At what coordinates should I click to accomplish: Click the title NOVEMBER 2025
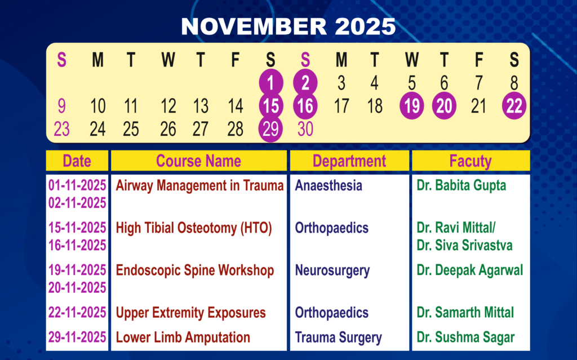coord(288,26)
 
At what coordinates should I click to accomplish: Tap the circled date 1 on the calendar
coord(271,82)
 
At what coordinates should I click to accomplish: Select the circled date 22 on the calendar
coord(514,106)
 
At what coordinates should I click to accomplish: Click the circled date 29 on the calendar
coord(270,129)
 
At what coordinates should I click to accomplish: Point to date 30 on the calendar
coord(305,129)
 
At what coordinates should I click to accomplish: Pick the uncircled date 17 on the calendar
coord(341,106)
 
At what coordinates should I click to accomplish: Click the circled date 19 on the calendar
coord(412,106)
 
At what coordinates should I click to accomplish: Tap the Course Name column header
coord(199,161)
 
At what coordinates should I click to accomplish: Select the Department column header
coord(349,161)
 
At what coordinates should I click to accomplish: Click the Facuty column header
coord(471,161)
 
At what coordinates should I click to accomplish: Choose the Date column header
coord(77,161)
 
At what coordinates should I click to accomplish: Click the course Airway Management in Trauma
coord(200,185)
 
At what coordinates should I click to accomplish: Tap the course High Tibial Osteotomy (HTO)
coord(194,228)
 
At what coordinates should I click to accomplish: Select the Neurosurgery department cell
coord(332,270)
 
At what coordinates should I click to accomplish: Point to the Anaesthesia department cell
coord(329,185)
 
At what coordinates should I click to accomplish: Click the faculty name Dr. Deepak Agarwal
coord(469,270)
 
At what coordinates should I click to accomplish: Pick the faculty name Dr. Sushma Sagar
coord(465,337)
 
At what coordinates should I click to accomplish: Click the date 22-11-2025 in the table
coord(77,313)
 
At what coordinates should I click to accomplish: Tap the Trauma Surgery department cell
coord(339,337)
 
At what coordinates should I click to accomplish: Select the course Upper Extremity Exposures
coord(190,313)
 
